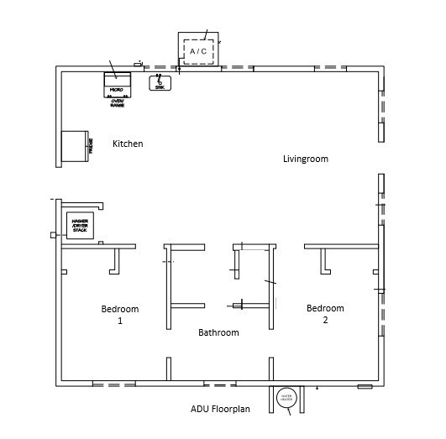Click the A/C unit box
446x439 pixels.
point(198,50)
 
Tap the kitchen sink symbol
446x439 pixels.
point(160,82)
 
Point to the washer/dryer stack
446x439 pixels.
point(81,226)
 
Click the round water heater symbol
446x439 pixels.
point(286,397)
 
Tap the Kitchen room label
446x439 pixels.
point(128,144)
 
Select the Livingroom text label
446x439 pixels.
point(305,159)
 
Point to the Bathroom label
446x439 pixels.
point(218,332)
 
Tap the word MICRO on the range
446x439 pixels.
point(117,88)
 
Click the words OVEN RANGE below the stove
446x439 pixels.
point(118,102)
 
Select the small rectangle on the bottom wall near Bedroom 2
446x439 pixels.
point(365,386)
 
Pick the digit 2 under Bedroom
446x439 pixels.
point(325,320)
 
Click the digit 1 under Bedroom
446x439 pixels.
point(120,321)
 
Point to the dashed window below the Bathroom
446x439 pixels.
point(219,384)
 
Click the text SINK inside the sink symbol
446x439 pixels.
point(160,86)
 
